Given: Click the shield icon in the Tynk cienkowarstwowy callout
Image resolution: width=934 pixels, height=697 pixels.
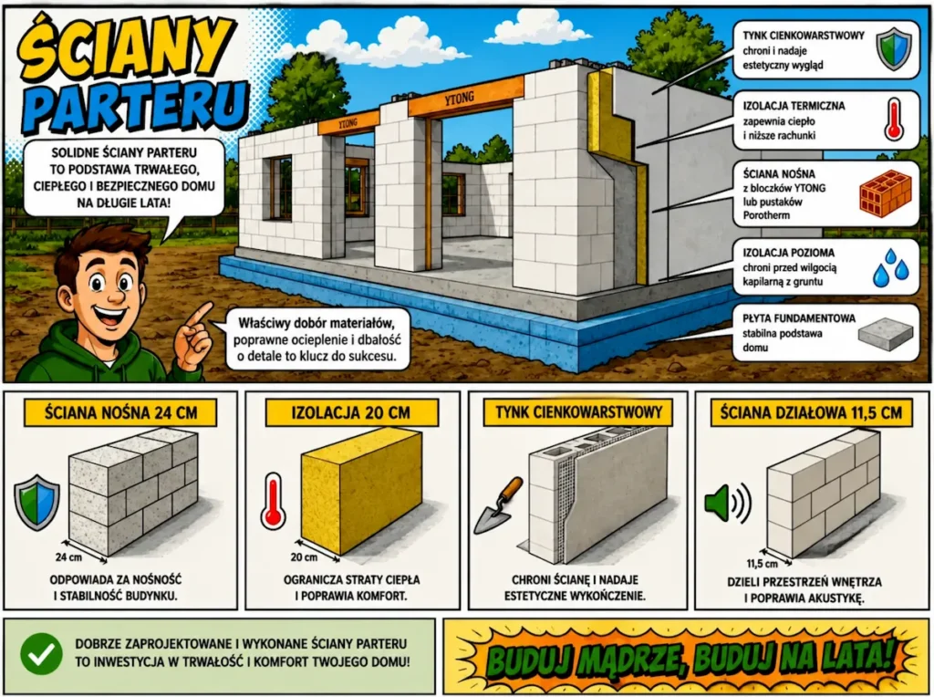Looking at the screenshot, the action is [894, 50].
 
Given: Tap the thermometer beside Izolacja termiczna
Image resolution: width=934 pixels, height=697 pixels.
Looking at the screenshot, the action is [894, 120].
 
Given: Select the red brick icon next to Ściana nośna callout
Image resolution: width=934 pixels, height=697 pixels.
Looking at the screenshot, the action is [885, 193].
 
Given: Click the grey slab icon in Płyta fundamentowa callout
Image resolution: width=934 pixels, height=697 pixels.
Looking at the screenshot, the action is [885, 334].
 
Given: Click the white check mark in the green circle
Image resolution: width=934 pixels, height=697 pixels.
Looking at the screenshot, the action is [42, 655].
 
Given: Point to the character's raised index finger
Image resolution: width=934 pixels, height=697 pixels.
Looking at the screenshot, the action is [201, 314].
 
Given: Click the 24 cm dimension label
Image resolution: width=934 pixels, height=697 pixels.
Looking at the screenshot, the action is [68, 557].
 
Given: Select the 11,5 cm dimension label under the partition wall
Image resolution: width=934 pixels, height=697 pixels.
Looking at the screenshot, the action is [763, 564].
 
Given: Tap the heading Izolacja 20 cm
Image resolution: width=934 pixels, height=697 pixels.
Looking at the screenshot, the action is [351, 413].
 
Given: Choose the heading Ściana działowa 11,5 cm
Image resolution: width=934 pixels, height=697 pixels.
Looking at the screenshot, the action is [811, 412].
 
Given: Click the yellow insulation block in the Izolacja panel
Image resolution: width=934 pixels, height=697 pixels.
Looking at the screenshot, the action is [361, 490].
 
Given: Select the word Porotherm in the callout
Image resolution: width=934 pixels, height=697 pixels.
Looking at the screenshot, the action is [766, 215].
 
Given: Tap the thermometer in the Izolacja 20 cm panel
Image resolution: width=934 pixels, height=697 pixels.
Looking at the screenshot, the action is [274, 501].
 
